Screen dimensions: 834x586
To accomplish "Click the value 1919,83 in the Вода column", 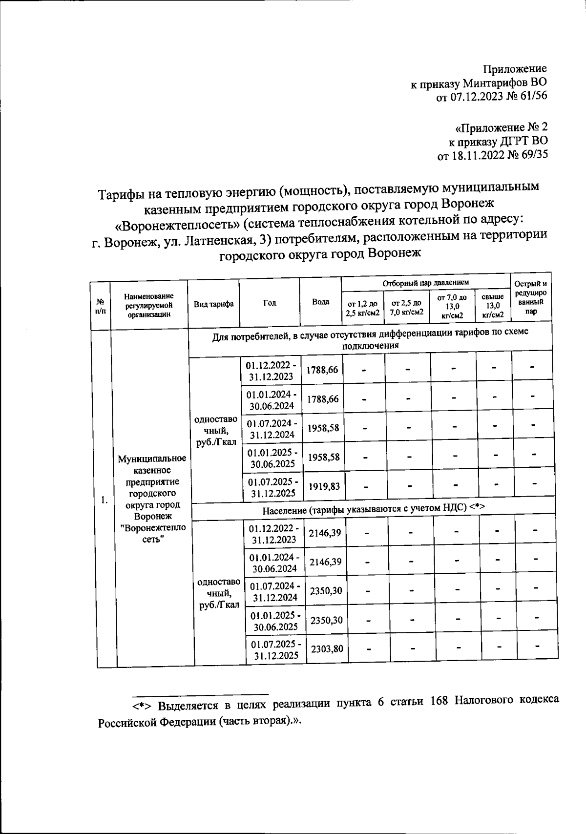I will click(x=323, y=486).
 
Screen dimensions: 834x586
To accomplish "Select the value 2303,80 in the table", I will click(x=327, y=649).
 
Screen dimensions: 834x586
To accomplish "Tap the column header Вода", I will click(x=320, y=302).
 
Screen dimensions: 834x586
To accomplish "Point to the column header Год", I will click(x=270, y=303).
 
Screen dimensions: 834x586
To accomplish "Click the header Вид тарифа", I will click(x=213, y=304).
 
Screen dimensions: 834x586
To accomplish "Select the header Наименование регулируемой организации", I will click(x=149, y=305).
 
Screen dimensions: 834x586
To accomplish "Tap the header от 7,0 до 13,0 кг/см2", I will click(x=452, y=306).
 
